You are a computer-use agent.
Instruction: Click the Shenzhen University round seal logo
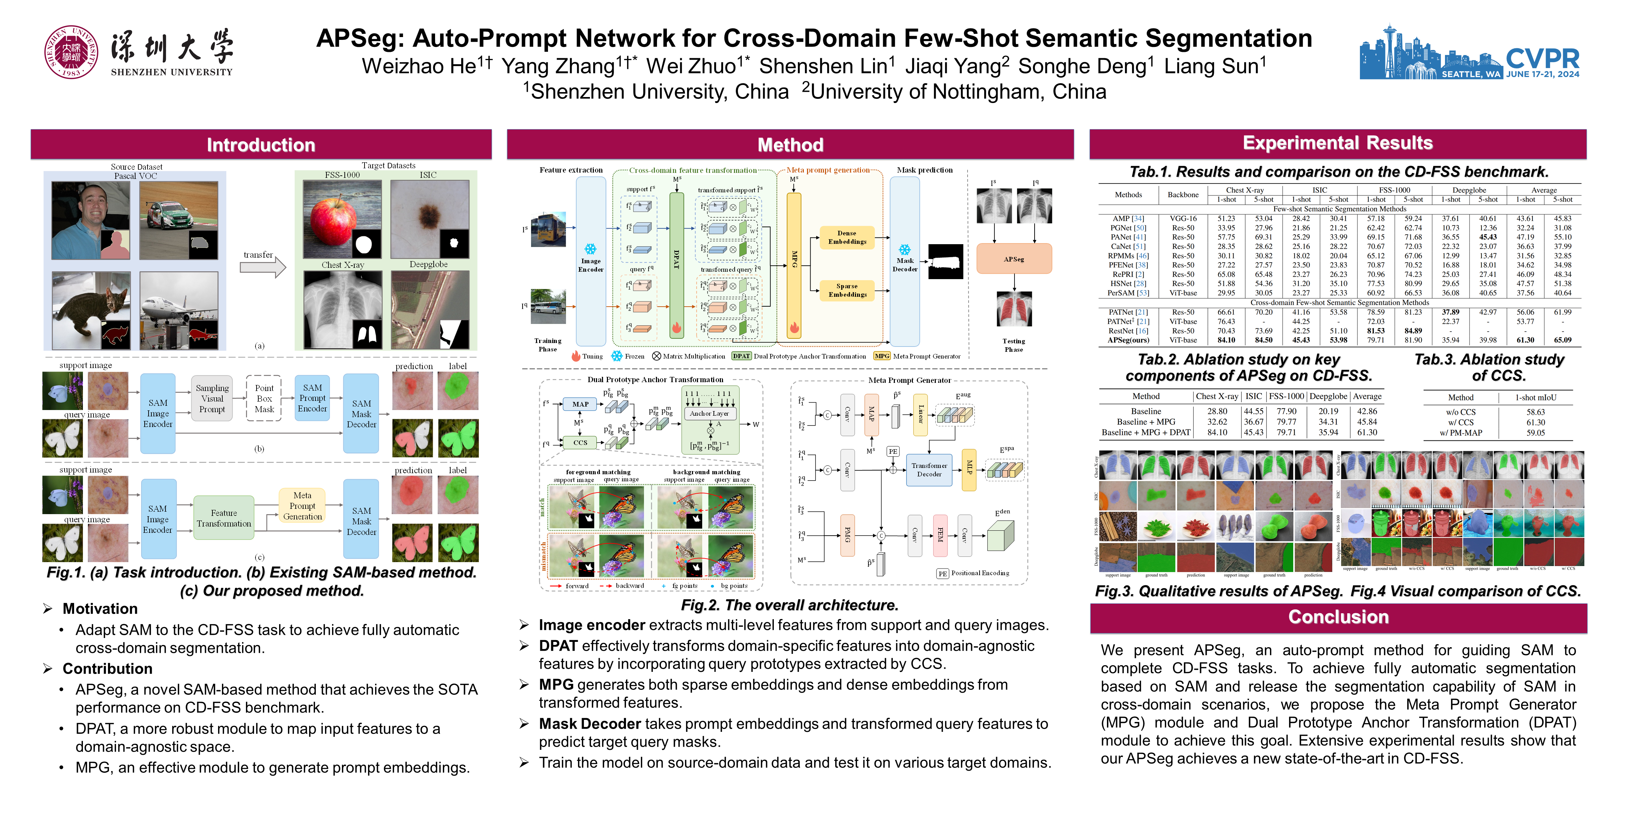coord(71,52)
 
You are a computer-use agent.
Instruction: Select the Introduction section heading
coord(261,145)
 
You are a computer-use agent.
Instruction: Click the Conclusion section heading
coord(1338,617)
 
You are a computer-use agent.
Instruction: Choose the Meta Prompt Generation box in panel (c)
coord(302,506)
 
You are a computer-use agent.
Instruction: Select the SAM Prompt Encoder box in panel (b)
coord(312,398)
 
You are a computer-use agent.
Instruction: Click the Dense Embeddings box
coord(847,237)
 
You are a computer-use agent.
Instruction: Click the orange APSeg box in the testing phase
coord(1014,259)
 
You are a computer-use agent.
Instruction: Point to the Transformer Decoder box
coord(929,470)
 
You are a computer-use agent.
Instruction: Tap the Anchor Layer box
coord(709,414)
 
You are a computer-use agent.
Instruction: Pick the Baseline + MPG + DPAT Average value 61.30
coord(1367,432)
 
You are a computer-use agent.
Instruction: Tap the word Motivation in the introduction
coord(100,608)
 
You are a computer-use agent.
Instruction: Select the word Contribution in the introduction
coord(107,668)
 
